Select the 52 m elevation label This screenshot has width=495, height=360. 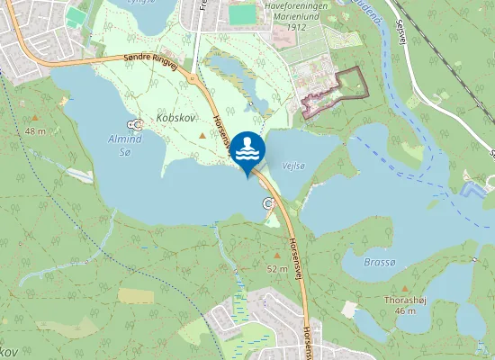pos(277,269)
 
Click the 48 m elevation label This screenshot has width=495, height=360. pos(35,131)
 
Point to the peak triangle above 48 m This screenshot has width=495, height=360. pos(35,118)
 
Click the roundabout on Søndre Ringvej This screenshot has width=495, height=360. pos(192,78)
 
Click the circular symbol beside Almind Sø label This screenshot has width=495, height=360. pos(135,124)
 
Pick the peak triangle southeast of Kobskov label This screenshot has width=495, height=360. pos(201,135)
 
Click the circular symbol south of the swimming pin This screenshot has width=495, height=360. pos(267,203)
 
